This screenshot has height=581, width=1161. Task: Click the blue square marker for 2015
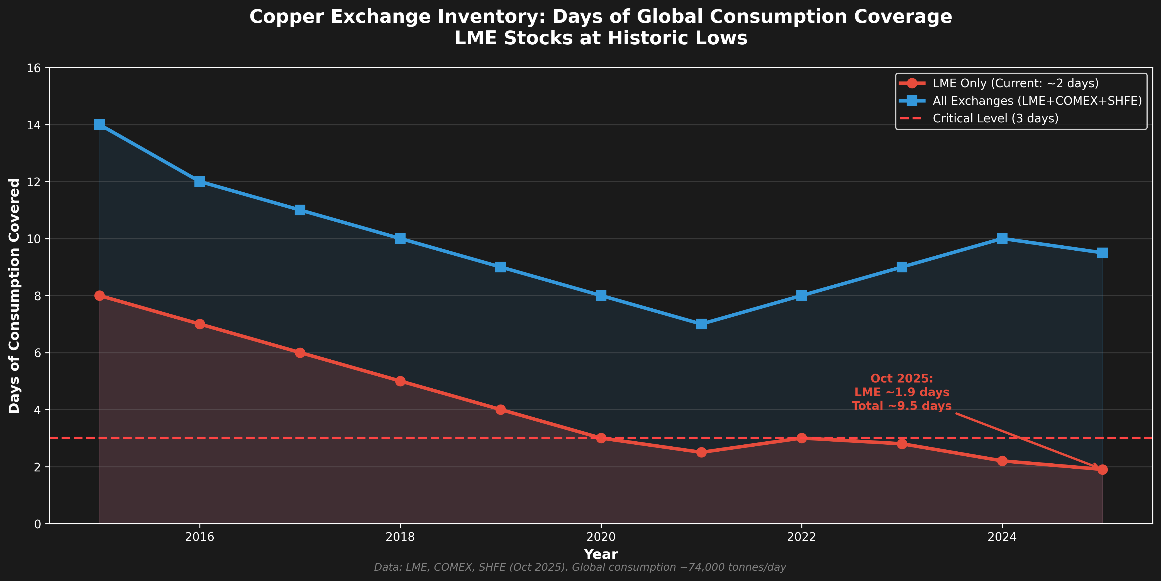point(100,125)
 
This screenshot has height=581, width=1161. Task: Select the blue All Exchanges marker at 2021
point(701,324)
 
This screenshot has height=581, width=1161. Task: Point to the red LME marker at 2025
point(1103,469)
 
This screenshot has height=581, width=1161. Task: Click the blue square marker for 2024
point(1002,239)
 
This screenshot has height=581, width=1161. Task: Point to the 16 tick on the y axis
point(34,68)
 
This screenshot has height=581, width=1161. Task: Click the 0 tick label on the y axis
point(37,524)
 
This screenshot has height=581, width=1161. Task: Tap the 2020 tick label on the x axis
point(601,537)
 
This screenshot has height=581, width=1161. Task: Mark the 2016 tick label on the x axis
point(200,537)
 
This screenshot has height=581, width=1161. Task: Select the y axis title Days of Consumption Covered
point(14,296)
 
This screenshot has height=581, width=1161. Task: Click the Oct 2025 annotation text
point(901,392)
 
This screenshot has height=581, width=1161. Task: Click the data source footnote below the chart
point(580,567)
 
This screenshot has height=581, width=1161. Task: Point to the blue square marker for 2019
point(500,267)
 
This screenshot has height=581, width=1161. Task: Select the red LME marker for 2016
point(200,324)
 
